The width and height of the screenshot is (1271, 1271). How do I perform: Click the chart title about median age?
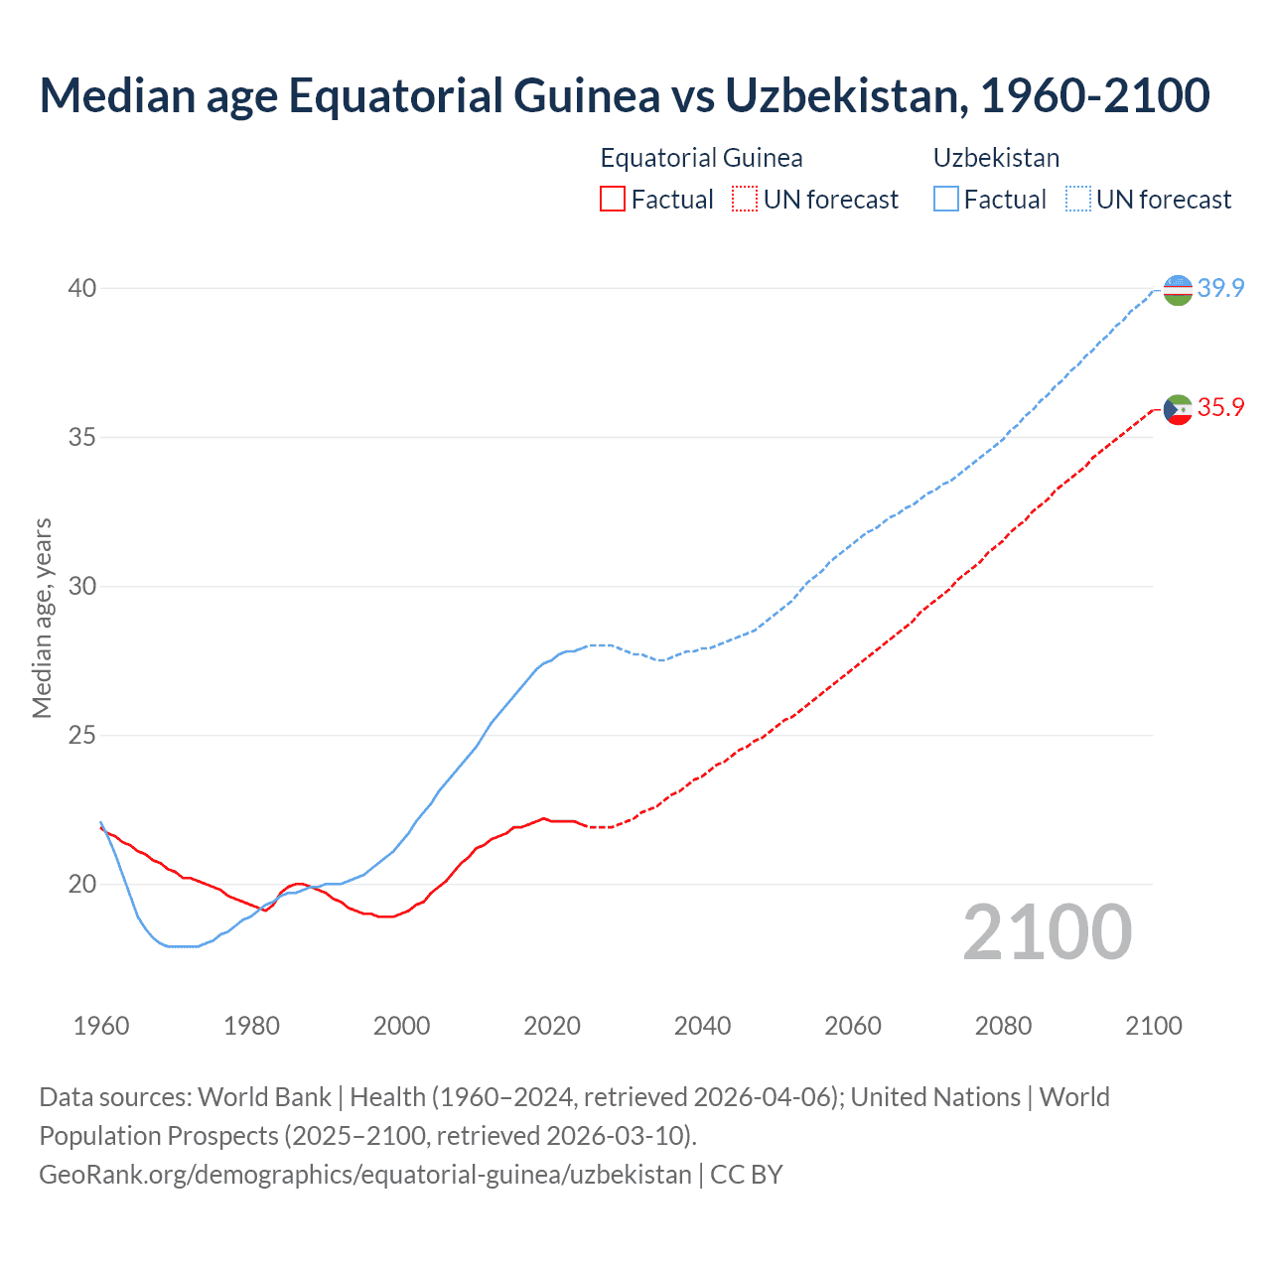coord(624,95)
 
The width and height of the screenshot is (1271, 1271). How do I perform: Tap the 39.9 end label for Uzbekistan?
coord(1220,288)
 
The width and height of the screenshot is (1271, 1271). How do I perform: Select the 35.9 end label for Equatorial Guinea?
coord(1220,407)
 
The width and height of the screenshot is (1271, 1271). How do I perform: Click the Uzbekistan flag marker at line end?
coord(1178,290)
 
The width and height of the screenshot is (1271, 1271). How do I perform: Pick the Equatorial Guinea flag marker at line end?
coord(1178,409)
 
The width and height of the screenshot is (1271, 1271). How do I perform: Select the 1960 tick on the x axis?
coord(101,1026)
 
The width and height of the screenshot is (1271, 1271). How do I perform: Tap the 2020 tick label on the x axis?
coord(552,1026)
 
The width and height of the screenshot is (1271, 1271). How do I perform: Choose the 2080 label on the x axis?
coord(1003,1026)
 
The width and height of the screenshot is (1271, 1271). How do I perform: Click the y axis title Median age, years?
coord(42,618)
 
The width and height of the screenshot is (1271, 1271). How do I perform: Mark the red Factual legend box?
coord(613,200)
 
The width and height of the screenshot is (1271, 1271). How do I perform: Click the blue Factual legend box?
coord(946,200)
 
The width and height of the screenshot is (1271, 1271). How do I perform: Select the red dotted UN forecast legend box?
coord(745,200)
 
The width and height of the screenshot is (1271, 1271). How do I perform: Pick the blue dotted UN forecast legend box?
coord(1078,200)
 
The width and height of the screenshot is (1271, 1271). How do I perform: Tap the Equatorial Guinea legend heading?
coord(701,158)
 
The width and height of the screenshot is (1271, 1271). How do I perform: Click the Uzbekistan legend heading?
coord(996,158)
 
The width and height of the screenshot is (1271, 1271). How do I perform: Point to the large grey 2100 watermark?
coord(1047,931)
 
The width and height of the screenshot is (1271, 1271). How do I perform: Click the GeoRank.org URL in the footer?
coord(364,1175)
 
